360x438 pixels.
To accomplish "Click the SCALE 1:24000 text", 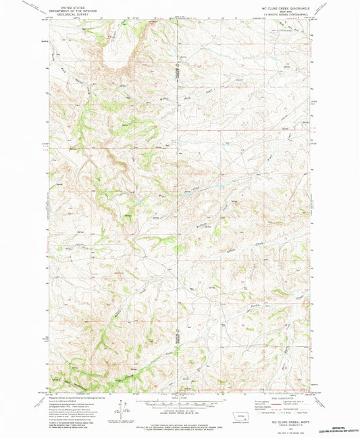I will coord(180,392).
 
